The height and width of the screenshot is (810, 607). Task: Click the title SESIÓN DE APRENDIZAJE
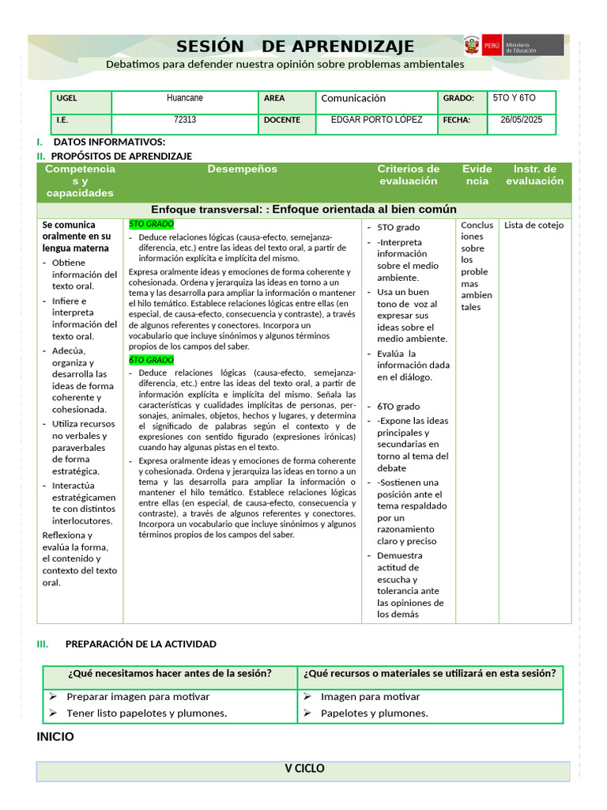295,46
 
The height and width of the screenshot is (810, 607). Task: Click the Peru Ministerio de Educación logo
514,45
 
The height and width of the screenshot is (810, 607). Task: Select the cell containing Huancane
185,98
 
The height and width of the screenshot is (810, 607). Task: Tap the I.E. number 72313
185,120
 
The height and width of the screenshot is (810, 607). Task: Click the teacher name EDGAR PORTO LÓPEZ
376,120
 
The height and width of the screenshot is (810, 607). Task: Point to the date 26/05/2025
522,120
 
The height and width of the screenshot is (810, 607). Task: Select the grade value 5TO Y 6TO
514,98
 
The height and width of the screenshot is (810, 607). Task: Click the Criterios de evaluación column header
408,175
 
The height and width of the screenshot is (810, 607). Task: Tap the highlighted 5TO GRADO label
151,225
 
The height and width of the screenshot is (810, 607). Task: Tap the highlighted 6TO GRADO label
151,360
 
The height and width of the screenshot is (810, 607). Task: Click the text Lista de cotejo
534,225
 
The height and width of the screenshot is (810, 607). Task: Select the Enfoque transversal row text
303,210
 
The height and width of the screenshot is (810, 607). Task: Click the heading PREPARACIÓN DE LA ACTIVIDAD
141,644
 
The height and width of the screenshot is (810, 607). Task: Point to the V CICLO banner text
304,769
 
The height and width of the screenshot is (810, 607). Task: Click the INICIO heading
55,736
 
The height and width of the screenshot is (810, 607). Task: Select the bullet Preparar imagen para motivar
138,697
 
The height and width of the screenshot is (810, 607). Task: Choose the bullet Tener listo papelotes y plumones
146,713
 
